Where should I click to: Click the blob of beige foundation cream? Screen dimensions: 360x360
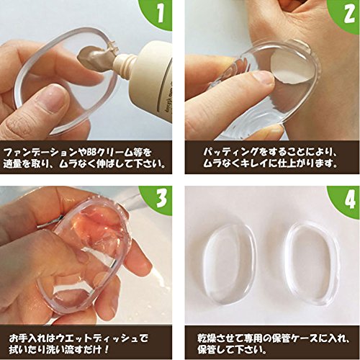[92, 56]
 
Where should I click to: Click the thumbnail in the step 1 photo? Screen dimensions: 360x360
[55, 99]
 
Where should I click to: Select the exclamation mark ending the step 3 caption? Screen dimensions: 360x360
[107, 349]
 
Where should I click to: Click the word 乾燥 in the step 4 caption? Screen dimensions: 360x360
[207, 338]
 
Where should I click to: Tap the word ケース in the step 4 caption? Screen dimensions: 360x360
[303, 338]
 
